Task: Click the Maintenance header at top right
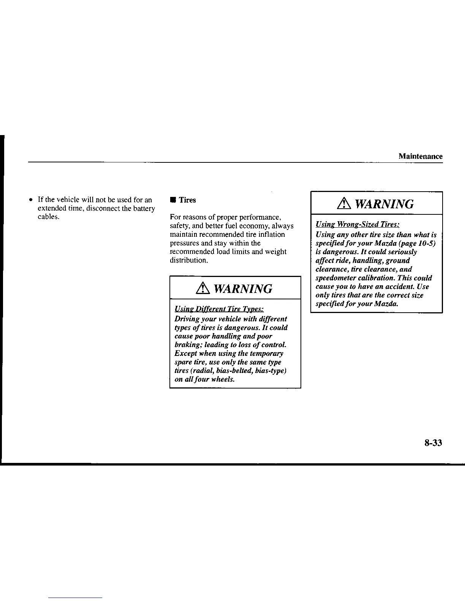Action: click(420, 156)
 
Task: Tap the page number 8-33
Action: click(433, 443)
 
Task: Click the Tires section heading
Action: click(187, 200)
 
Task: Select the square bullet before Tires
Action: click(172, 200)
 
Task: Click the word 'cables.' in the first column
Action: click(49, 217)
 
